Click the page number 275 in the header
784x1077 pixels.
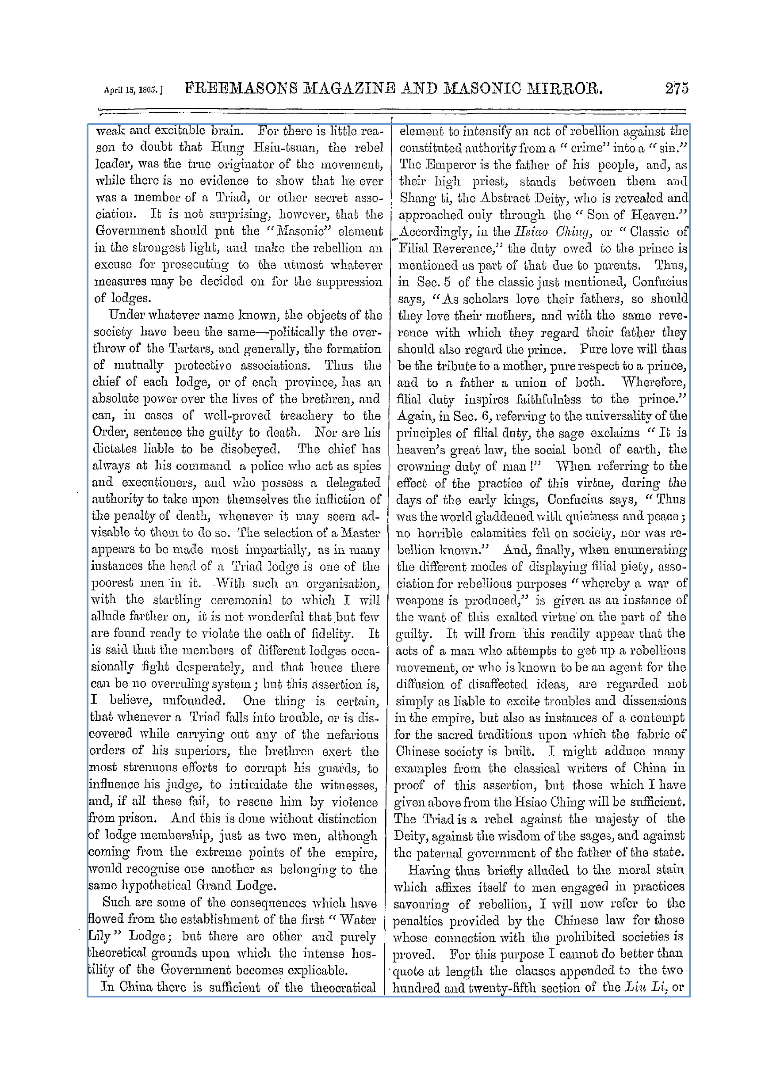[676, 89]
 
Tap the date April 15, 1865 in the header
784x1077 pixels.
[133, 90]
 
